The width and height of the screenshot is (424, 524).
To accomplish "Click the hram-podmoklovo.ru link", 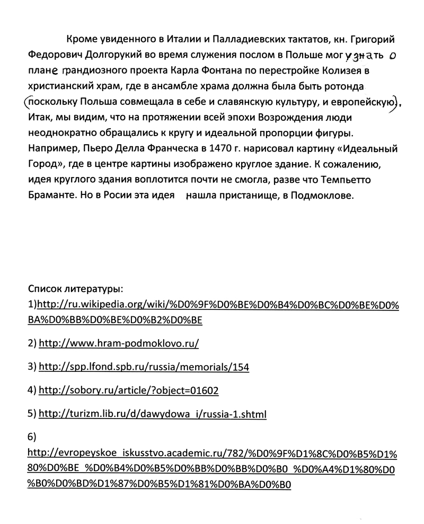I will (119, 343).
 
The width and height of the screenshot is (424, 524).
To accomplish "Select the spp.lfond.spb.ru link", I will (144, 367).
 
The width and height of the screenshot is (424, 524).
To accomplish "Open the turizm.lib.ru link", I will (153, 414).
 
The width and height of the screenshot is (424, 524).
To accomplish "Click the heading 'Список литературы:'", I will (75, 289).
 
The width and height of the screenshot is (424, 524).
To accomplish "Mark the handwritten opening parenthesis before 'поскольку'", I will (27, 101).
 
